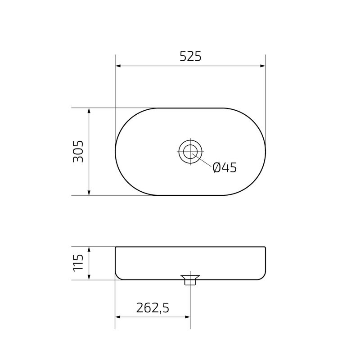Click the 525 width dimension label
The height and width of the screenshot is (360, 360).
click(190, 56)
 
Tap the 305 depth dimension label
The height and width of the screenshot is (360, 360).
click(78, 152)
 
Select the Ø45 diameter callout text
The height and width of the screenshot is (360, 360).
click(224, 168)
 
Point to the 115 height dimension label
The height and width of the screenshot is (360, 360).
click(78, 263)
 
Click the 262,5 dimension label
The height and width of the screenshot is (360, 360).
click(152, 308)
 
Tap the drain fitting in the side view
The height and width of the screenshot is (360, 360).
click(190, 279)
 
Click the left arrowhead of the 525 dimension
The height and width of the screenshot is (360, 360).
click(118, 66)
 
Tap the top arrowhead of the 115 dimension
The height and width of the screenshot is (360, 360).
click(89, 249)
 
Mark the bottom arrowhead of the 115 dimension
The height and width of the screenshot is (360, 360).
click(89, 277)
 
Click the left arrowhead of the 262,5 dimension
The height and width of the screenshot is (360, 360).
click(118, 317)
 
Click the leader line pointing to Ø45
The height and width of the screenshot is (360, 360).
click(202, 162)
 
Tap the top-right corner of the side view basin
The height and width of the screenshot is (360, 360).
click(265, 247)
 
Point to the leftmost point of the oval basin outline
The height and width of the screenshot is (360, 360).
click(116, 152)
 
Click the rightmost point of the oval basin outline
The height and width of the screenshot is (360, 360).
click(265, 152)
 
